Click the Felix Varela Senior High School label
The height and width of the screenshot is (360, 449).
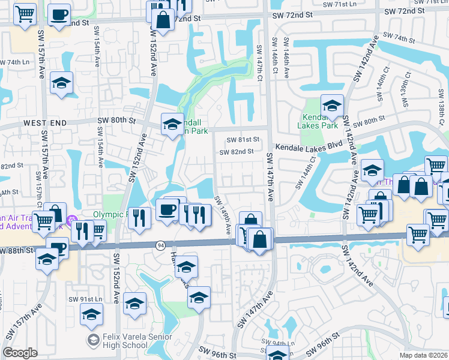click(x=124, y=341)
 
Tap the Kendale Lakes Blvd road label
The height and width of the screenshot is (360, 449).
click(x=305, y=146)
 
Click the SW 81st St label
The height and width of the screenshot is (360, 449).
click(x=243, y=140)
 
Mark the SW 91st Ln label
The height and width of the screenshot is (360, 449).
click(x=82, y=299)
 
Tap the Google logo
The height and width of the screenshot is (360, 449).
click(x=20, y=353)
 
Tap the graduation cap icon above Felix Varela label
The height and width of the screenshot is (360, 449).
click(x=91, y=314)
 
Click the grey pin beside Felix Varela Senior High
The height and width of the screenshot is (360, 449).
click(x=92, y=341)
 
